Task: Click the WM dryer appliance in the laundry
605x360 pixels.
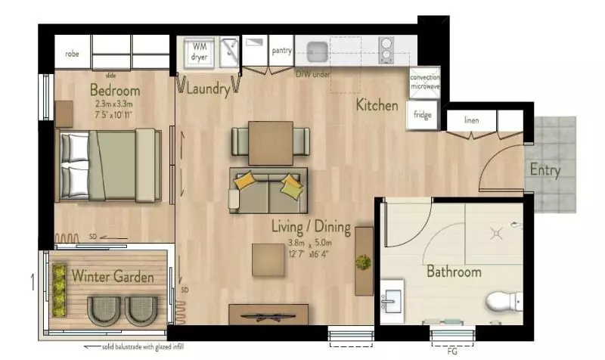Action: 200,51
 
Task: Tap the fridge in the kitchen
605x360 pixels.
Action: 421,116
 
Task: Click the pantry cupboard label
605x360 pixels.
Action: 282,51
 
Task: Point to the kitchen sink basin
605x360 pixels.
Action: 318,51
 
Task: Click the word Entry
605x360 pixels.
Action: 544,170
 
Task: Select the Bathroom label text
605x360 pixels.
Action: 453,272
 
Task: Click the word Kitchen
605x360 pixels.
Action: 377,105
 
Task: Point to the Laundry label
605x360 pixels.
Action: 207,89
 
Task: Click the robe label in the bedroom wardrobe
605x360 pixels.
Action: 73,54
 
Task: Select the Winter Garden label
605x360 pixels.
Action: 113,277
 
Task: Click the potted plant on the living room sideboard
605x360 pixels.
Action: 364,262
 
